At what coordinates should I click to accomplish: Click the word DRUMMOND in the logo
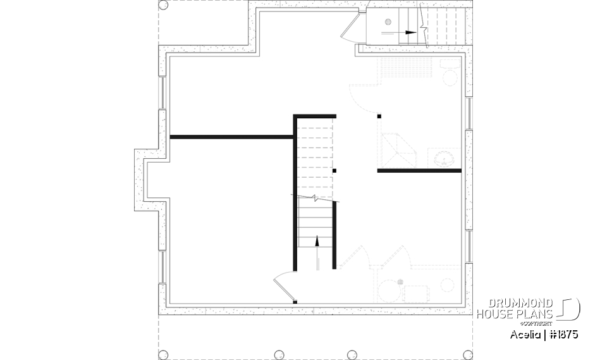tap(513, 303)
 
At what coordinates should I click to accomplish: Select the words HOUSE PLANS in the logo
tap(513, 314)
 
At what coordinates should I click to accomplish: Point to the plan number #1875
tap(562, 334)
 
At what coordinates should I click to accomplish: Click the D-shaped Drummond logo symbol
tap(570, 309)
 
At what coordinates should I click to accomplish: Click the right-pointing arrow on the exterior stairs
tap(410, 31)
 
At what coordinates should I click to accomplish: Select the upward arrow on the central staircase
tap(317, 240)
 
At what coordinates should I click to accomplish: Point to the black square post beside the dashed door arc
tap(379, 116)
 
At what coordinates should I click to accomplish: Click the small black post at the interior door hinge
tap(295, 302)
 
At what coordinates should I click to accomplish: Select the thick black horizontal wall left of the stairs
tap(231, 136)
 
